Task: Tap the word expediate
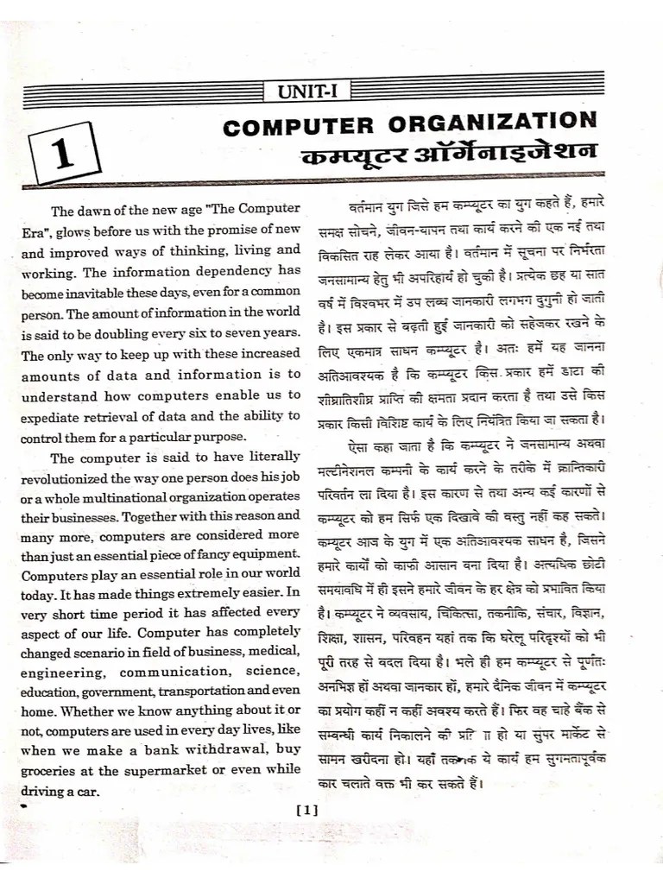coord(55,416)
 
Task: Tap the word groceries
coord(51,770)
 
